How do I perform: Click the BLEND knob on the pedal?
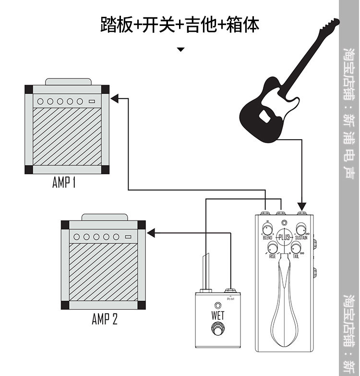268,229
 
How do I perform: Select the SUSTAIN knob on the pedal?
301,229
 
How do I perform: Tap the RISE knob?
273,248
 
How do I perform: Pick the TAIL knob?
296,248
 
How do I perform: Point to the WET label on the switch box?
217,315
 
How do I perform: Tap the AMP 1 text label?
64,183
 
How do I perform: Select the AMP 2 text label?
105,319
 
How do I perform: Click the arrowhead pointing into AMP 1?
114,98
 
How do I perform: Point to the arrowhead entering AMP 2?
150,234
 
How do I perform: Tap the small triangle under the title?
180,49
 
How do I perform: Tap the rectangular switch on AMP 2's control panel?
128,236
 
